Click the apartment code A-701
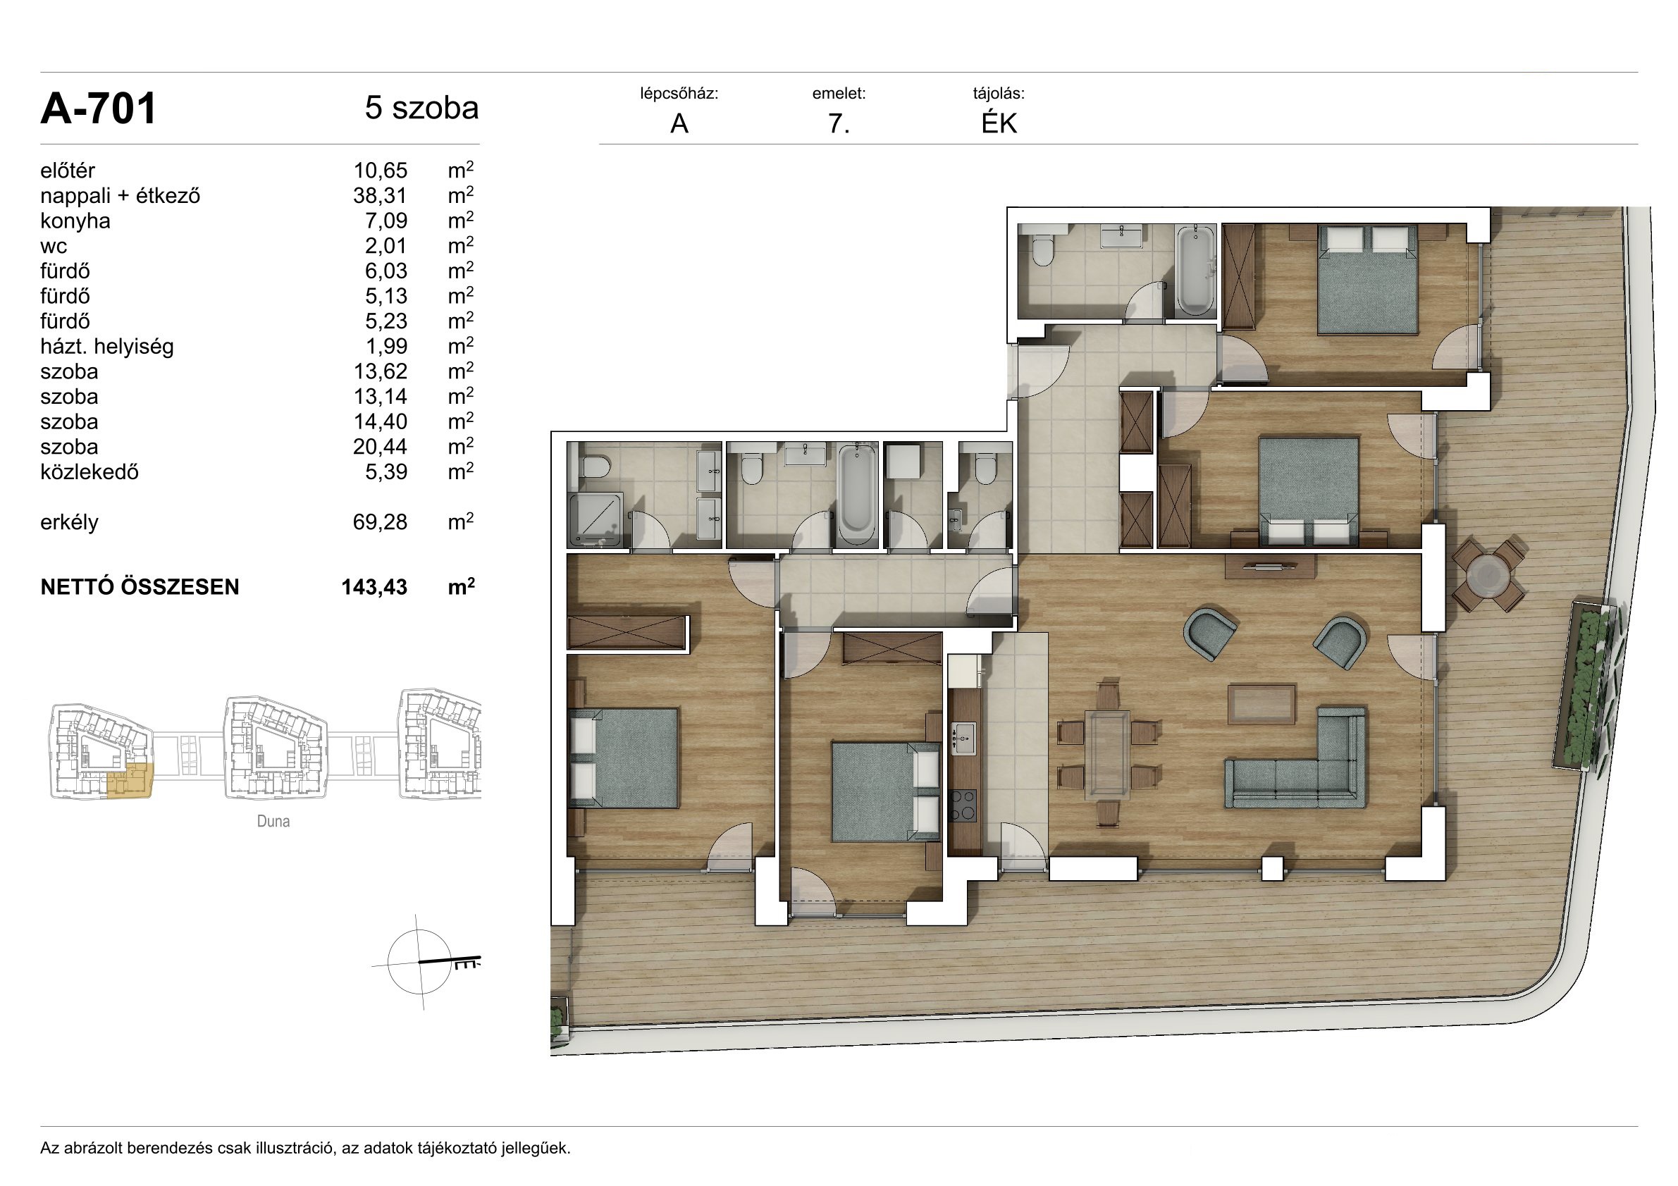(x=99, y=109)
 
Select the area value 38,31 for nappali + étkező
(x=380, y=196)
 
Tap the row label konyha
(x=75, y=221)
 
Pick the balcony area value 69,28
(x=380, y=522)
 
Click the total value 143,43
(x=374, y=588)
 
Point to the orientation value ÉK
(x=999, y=123)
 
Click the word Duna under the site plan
(x=273, y=822)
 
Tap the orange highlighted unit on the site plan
(x=130, y=779)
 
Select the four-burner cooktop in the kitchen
(x=963, y=805)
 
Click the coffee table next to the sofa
(x=1261, y=704)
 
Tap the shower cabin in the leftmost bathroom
(x=596, y=519)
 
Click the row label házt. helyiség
(x=107, y=347)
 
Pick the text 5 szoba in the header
(x=421, y=108)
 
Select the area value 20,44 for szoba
(x=380, y=447)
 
